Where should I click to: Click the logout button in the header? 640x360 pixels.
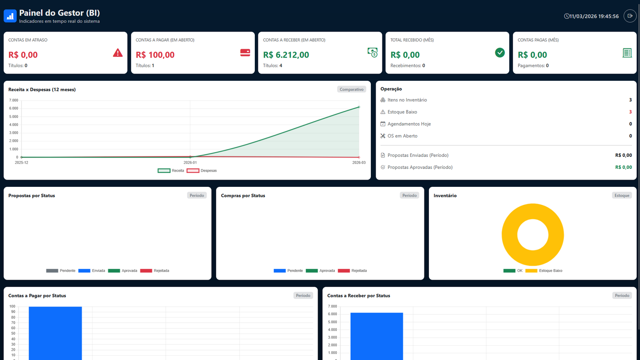coord(630,16)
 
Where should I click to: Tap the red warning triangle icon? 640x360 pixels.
coord(118,53)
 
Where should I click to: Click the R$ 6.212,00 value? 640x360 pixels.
coord(286,55)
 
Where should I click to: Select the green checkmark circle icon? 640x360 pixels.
coord(500,53)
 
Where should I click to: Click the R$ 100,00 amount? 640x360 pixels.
coord(155,55)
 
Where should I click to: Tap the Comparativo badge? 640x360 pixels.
coord(352,90)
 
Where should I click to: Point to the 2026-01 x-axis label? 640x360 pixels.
coord(190,162)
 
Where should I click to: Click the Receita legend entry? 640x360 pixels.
coord(171,171)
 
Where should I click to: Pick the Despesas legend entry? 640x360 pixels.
coord(202,171)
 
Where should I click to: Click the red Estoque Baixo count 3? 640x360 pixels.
coord(630,112)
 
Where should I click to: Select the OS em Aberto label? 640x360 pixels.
coord(402,136)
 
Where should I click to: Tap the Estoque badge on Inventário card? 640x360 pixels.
coord(622,196)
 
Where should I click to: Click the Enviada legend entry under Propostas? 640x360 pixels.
coord(92,271)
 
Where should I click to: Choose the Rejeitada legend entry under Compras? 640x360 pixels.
coord(352,271)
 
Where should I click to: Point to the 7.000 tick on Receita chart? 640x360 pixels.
coord(14,100)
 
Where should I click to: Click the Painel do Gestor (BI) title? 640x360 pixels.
coord(60,13)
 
